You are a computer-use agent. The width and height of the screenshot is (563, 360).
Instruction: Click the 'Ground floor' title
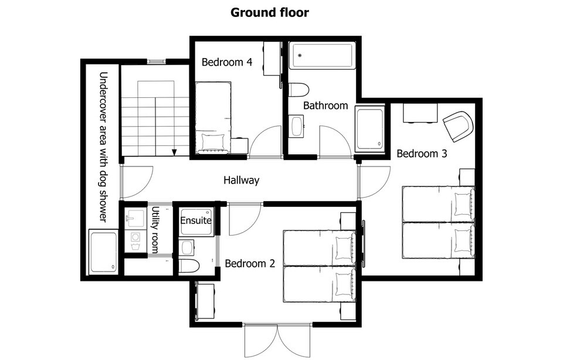(x=269, y=12)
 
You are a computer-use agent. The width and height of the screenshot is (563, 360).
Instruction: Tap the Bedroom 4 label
(x=227, y=62)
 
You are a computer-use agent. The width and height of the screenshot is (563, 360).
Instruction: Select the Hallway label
(x=241, y=180)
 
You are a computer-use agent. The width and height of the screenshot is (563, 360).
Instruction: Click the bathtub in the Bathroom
(x=323, y=56)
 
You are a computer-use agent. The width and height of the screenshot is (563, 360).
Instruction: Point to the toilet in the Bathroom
(x=299, y=90)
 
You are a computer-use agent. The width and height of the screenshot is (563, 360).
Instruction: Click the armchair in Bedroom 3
(x=458, y=126)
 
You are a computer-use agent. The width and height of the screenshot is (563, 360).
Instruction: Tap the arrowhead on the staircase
(x=174, y=152)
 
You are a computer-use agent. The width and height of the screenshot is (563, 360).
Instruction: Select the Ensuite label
(x=196, y=220)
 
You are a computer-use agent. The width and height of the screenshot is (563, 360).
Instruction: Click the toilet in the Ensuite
(x=189, y=266)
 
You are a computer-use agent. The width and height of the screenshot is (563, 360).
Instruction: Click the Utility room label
(x=155, y=230)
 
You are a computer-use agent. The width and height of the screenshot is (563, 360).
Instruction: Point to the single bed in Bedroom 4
(x=213, y=117)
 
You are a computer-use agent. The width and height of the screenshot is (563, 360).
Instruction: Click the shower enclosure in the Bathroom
(x=370, y=129)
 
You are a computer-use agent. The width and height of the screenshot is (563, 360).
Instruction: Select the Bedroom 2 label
(x=250, y=263)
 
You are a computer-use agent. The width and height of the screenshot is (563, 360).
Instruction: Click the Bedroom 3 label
(x=422, y=154)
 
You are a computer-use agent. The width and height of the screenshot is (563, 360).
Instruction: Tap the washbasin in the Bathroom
(x=297, y=126)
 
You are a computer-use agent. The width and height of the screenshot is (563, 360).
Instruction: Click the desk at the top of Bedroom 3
(x=420, y=113)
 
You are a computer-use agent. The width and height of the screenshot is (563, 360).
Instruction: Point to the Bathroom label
(x=325, y=106)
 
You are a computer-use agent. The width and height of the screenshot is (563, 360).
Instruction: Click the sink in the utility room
(x=135, y=217)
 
